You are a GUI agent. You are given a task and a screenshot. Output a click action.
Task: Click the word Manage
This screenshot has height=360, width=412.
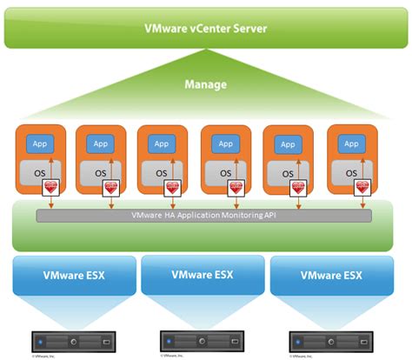205,85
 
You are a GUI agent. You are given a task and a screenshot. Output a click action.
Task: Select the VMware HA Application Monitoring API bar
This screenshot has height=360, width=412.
205,214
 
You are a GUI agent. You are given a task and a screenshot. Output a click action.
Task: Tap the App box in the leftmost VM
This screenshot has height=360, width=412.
38,143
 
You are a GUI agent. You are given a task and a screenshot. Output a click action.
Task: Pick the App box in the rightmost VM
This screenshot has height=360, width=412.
350,143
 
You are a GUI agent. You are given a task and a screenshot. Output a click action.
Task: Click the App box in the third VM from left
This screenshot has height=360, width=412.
163,143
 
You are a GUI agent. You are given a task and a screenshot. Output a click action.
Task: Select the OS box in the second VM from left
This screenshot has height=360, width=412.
98,172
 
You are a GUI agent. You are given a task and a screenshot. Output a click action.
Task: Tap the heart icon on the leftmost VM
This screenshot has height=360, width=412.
50,186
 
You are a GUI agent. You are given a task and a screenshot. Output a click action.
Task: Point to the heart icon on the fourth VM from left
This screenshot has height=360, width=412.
236,186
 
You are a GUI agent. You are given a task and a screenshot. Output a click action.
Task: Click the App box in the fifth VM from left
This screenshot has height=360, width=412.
288,143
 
